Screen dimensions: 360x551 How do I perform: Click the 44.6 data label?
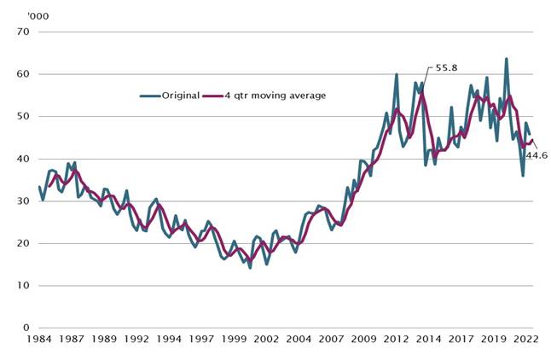(x=536, y=156)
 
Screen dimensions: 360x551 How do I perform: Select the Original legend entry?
(x=181, y=96)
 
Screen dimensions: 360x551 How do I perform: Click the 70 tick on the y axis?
(x=23, y=32)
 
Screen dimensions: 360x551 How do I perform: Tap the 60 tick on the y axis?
(x=23, y=74)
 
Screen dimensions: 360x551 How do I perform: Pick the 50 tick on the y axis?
(x=23, y=117)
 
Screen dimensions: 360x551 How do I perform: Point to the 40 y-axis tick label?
(x=23, y=159)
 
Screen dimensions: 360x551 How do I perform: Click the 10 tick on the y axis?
(x=23, y=286)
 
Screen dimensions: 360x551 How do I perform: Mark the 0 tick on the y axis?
(x=26, y=328)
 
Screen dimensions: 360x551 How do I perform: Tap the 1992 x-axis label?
(x=136, y=339)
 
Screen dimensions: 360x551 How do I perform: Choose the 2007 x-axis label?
(x=332, y=339)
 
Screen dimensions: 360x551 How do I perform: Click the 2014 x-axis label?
(x=429, y=339)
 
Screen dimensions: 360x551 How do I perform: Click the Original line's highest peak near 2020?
(x=507, y=59)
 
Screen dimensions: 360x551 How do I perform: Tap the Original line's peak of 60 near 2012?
(x=397, y=74)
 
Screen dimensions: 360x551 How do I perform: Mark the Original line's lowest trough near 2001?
(x=250, y=268)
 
